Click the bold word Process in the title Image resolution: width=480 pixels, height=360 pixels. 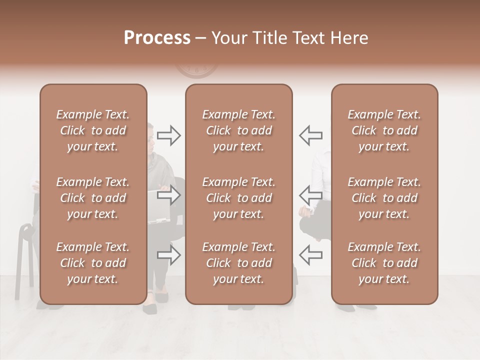(157, 38)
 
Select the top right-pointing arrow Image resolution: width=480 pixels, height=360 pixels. (168, 135)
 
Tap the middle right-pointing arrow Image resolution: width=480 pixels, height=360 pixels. (168, 195)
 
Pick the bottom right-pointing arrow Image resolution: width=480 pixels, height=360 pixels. (168, 255)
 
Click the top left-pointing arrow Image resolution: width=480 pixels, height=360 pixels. (310, 135)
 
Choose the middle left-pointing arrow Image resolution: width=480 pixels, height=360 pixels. (310, 195)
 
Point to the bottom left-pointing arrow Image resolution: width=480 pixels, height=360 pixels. (310, 255)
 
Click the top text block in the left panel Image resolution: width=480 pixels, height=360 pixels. (93, 130)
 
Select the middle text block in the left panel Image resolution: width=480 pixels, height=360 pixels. (93, 198)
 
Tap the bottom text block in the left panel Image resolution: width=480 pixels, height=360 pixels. (93, 263)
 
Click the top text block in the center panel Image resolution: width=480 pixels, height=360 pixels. (239, 130)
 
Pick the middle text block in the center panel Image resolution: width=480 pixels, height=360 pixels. (239, 198)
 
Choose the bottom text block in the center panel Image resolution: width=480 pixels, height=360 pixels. (239, 263)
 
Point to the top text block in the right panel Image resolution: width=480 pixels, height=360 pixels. (384, 130)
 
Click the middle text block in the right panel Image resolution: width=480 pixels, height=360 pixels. (384, 198)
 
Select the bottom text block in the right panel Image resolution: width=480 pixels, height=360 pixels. (384, 263)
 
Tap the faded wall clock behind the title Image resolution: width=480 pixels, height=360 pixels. (197, 70)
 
